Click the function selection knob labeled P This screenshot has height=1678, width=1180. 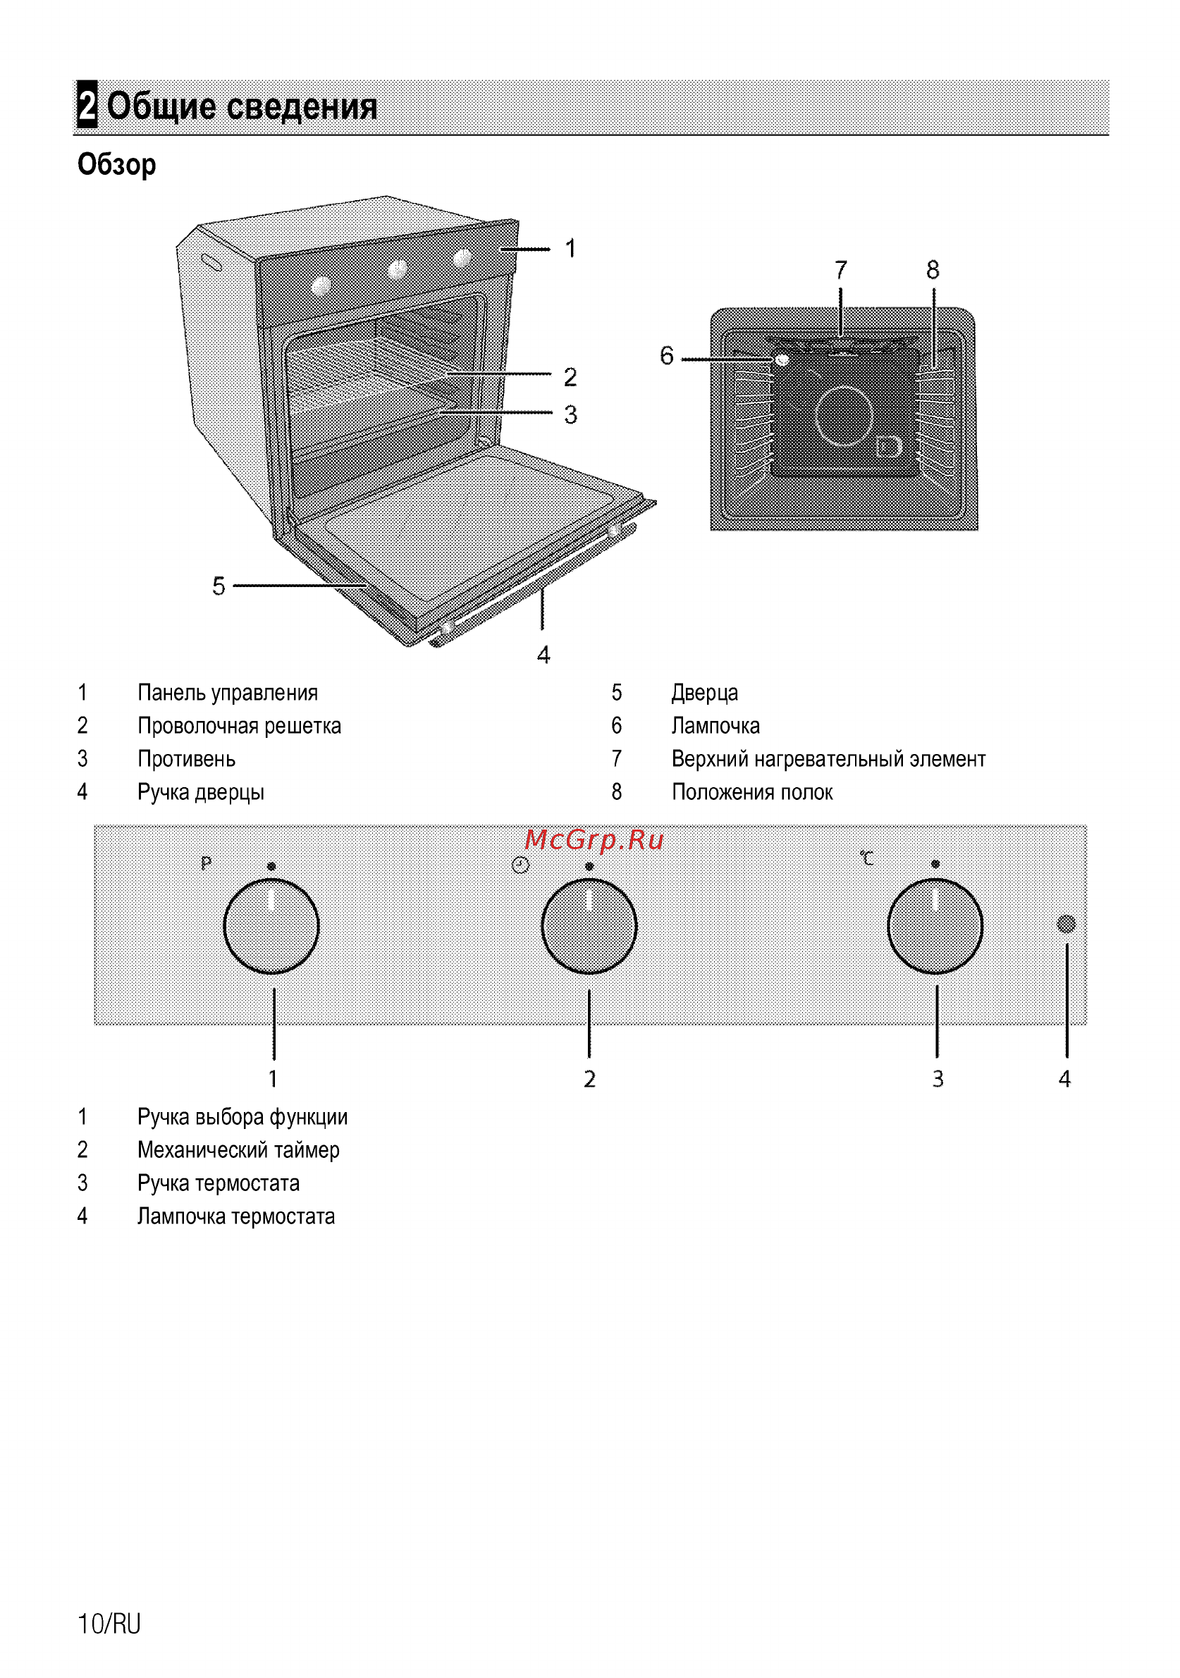(271, 926)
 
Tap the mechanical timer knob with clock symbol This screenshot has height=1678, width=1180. (589, 926)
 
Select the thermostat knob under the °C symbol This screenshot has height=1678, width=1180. (935, 926)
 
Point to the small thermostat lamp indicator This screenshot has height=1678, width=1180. (1067, 924)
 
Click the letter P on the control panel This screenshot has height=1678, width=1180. (206, 863)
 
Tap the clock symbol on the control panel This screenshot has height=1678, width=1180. (520, 865)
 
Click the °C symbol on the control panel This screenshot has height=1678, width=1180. (867, 858)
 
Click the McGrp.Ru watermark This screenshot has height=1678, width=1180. (594, 840)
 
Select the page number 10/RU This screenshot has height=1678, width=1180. (109, 1623)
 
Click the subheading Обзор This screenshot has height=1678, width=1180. (117, 165)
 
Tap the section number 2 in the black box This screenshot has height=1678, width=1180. (87, 104)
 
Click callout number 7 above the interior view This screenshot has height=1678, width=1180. (841, 271)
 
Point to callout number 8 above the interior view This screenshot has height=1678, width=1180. (933, 271)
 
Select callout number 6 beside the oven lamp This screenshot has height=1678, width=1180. (666, 356)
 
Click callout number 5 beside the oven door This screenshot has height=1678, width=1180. (219, 586)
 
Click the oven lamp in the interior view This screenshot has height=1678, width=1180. (782, 359)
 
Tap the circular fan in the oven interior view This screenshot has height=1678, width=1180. (844, 415)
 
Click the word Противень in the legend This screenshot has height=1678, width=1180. (186, 759)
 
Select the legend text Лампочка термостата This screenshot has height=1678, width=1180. (236, 1217)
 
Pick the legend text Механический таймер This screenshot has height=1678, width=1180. (238, 1150)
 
